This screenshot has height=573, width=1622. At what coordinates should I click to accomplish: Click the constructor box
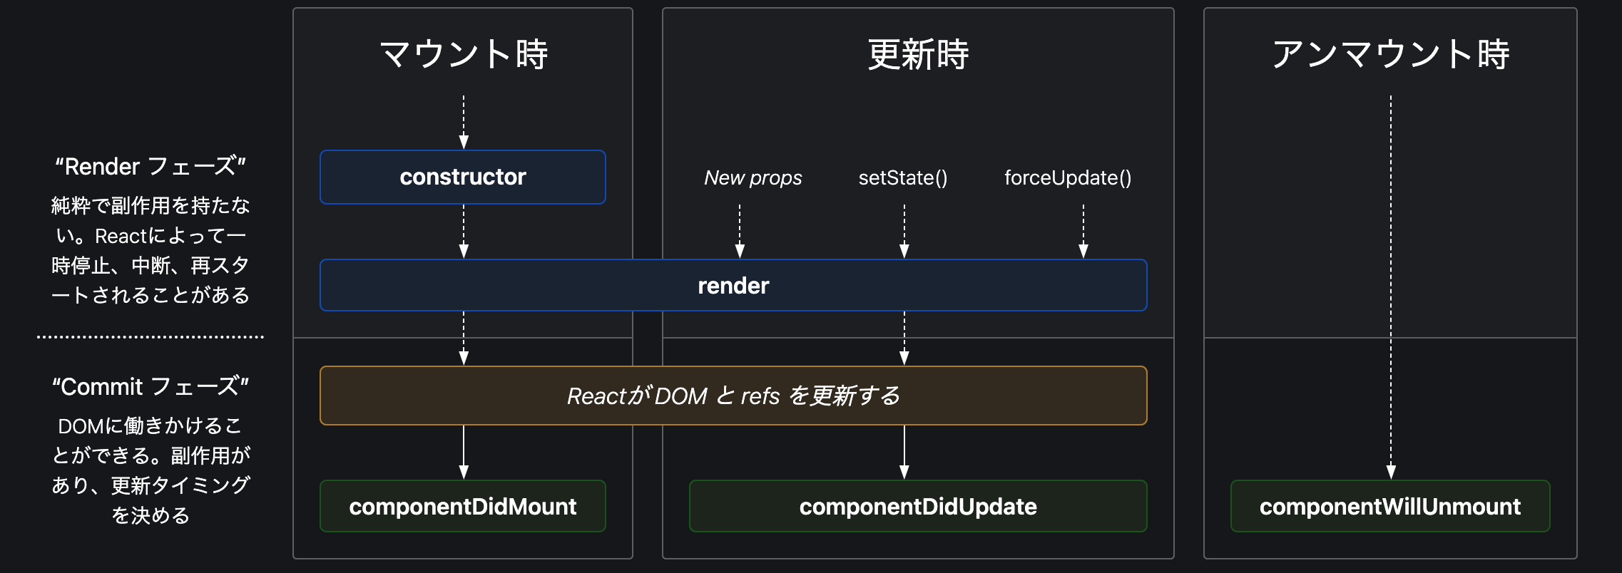pos(463,177)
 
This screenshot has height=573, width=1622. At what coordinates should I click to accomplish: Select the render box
pos(733,285)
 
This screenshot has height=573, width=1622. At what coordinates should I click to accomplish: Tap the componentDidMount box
pos(463,506)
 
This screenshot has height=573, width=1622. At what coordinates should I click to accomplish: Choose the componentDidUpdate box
pos(918,506)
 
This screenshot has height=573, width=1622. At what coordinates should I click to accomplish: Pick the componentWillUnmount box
pos(1390,506)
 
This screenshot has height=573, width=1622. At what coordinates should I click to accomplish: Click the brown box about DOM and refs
pos(733,396)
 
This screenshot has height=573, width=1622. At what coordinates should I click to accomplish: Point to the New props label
pos(753,177)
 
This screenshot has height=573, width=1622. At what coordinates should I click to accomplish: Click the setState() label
pos(903,177)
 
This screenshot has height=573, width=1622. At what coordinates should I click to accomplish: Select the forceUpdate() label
pos(1068,177)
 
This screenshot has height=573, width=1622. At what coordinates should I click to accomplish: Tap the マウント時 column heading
pos(464,55)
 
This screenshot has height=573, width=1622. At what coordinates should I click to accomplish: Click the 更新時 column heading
pos(918,55)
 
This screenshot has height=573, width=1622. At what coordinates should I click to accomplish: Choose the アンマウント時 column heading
pos(1390,55)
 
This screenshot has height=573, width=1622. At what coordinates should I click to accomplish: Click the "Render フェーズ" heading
pos(151,166)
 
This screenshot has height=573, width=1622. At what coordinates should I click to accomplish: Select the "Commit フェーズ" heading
pos(151,386)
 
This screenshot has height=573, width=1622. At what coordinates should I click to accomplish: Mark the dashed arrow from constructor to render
pos(464,231)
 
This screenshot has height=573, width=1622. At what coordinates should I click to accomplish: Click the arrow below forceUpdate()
pos(1083,231)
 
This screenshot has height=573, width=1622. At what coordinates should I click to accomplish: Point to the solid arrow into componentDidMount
pos(464,452)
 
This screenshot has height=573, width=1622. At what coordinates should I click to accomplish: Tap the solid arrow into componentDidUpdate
pos(904,452)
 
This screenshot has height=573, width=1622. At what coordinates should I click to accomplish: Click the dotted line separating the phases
pos(151,336)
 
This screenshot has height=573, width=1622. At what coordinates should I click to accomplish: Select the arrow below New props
pos(740,231)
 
